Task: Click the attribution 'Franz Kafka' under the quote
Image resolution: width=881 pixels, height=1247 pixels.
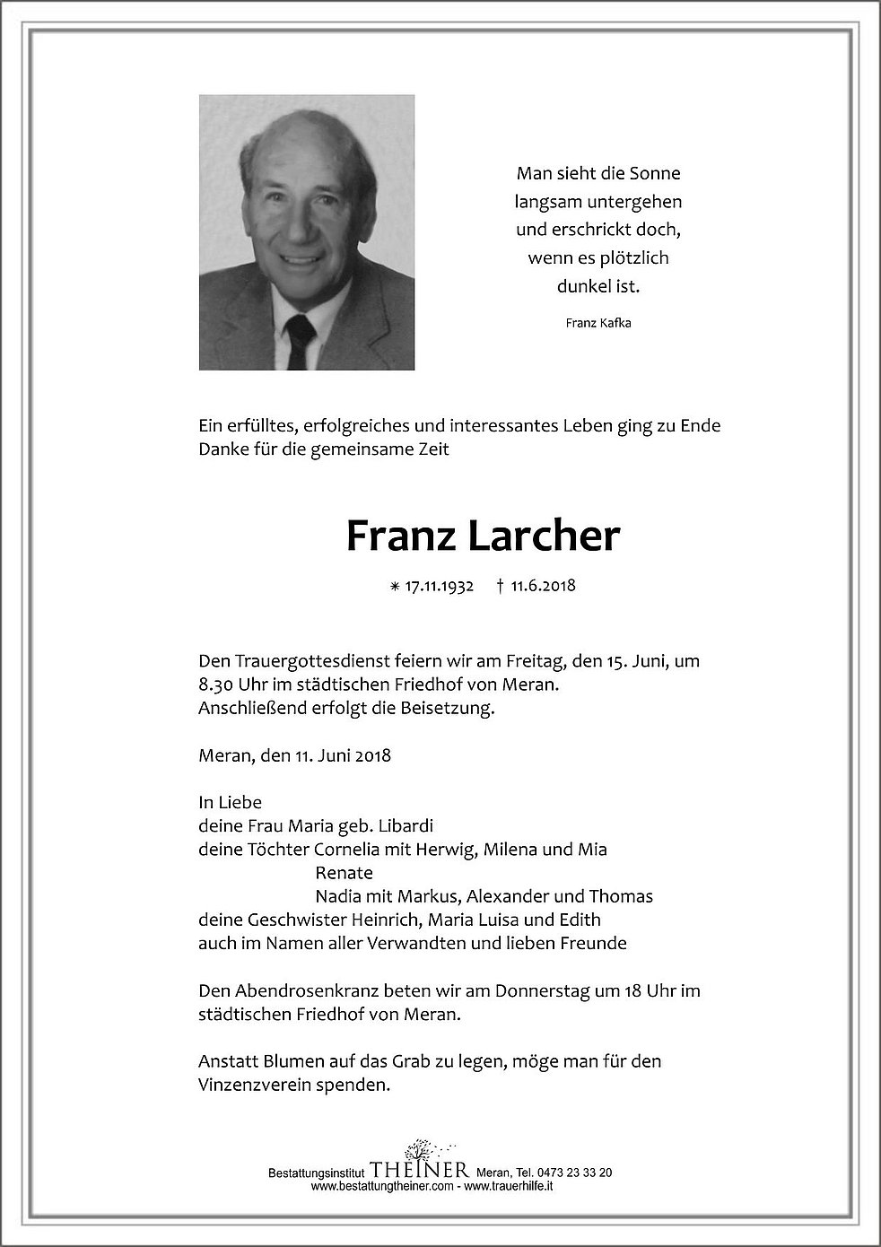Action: (x=598, y=323)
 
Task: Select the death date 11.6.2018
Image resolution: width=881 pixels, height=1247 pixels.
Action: (x=543, y=587)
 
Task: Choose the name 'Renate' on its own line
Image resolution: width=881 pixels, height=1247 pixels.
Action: (x=344, y=872)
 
